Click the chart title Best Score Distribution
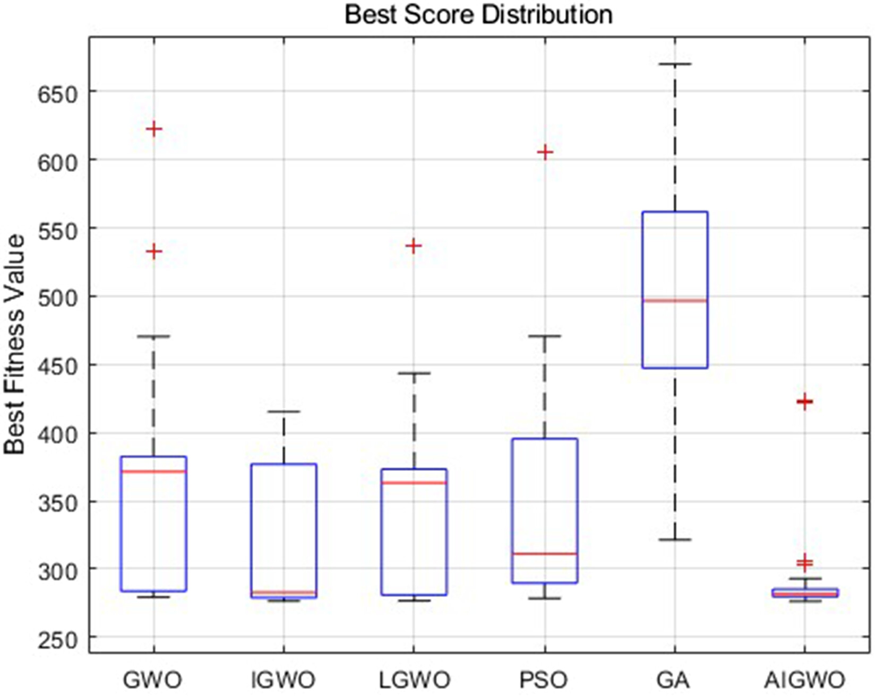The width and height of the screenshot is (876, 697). (x=478, y=14)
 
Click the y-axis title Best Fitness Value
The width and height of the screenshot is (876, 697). (x=15, y=344)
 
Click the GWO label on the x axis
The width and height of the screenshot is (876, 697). (x=152, y=679)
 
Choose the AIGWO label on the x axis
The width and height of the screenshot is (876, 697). (x=805, y=679)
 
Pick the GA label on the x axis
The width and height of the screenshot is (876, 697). (x=675, y=679)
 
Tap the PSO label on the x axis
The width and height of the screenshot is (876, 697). (x=545, y=679)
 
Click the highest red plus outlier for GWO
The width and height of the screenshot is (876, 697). (x=154, y=129)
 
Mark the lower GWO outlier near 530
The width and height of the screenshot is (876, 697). (x=154, y=251)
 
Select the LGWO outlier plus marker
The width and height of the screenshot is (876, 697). (x=414, y=246)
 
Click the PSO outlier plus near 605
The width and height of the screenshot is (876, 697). (x=545, y=153)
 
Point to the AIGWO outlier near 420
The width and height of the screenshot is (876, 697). (x=805, y=402)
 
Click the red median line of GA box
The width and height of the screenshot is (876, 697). (x=675, y=301)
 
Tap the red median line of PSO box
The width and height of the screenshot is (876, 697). (x=545, y=554)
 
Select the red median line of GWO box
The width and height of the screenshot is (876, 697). (x=154, y=472)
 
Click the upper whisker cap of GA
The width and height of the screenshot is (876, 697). (x=675, y=64)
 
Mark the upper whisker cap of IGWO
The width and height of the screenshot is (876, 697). (x=284, y=412)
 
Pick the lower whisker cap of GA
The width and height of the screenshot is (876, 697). (x=675, y=539)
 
